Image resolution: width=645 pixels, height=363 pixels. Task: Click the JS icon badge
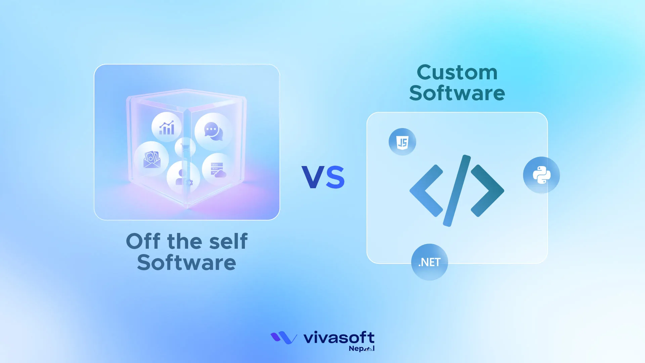[x=402, y=142]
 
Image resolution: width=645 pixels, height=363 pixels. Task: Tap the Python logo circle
[x=541, y=175]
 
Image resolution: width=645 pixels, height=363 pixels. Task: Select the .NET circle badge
[x=429, y=262]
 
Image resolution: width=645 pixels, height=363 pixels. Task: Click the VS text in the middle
[x=323, y=177]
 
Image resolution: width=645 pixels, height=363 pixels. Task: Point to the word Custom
[x=457, y=73]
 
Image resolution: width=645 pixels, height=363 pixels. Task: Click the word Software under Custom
[x=457, y=93]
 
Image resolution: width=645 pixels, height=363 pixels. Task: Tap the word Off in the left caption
[x=143, y=241]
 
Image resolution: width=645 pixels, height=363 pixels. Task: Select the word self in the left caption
[x=228, y=241]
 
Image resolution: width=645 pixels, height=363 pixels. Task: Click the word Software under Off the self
[x=186, y=263]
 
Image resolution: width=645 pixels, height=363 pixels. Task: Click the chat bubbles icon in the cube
[x=213, y=131]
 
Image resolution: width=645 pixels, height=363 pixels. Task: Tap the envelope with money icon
[x=152, y=159]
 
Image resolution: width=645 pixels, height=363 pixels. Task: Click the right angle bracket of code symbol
[x=487, y=191]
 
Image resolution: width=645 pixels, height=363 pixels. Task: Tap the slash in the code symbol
[x=457, y=191]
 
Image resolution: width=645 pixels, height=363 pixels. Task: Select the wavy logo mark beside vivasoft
[x=284, y=337]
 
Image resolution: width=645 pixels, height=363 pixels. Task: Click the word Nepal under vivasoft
[x=361, y=349]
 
